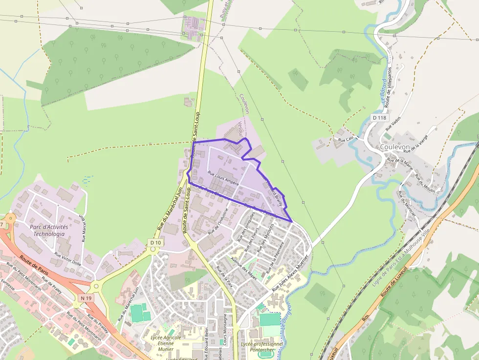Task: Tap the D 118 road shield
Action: pos(379,118)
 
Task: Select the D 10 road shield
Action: pos(155,243)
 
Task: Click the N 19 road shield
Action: pos(87,298)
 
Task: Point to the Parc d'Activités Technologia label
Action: pos(49,230)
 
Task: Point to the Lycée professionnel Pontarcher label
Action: pos(262,347)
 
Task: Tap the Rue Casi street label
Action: pos(346,140)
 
